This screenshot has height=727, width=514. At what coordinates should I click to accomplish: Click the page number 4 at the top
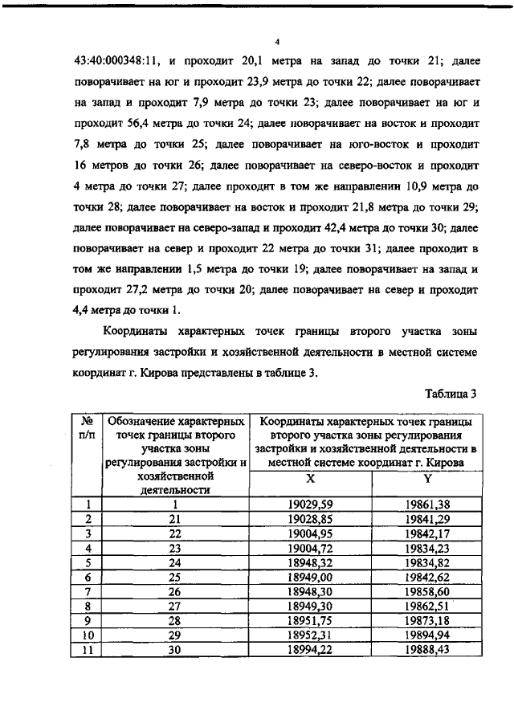tap(275, 41)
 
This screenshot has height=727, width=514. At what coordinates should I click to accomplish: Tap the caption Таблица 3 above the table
tap(450, 394)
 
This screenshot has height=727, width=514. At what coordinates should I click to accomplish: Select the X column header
tap(310, 480)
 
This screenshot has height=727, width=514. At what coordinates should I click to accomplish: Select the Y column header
tap(427, 480)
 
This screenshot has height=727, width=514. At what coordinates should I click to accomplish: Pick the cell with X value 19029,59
tap(310, 505)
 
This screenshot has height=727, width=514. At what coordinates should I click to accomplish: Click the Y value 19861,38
tap(427, 505)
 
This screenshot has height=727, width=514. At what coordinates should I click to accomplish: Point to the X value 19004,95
tap(310, 534)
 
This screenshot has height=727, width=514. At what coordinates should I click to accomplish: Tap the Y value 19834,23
tap(427, 549)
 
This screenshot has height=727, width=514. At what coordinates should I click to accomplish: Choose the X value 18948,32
tap(310, 563)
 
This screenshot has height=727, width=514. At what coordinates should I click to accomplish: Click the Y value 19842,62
tap(427, 578)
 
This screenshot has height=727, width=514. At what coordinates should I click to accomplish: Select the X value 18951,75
tap(310, 621)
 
